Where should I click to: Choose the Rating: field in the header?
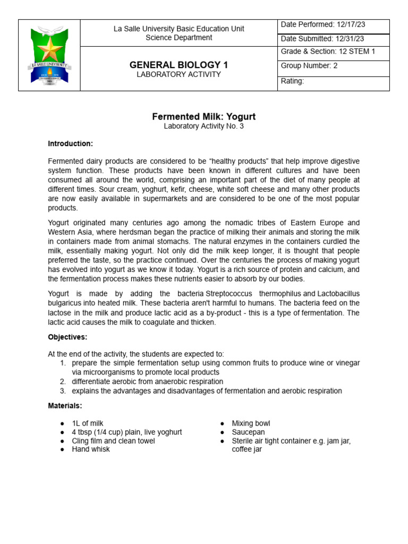tap(292, 81)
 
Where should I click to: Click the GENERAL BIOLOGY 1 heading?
tap(178, 65)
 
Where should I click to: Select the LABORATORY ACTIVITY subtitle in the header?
tap(178, 74)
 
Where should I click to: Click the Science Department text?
tap(178, 38)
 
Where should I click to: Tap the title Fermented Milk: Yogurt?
tap(204, 116)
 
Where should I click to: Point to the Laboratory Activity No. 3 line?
tap(204, 126)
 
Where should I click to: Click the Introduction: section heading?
tap(70, 143)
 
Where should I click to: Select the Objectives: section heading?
tap(67, 337)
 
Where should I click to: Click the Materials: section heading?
tap(65, 406)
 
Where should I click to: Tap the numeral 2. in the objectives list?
tap(62, 381)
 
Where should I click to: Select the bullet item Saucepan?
tap(248, 432)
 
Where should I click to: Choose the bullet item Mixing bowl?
tap(251, 423)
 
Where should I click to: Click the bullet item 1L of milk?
tap(88, 423)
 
